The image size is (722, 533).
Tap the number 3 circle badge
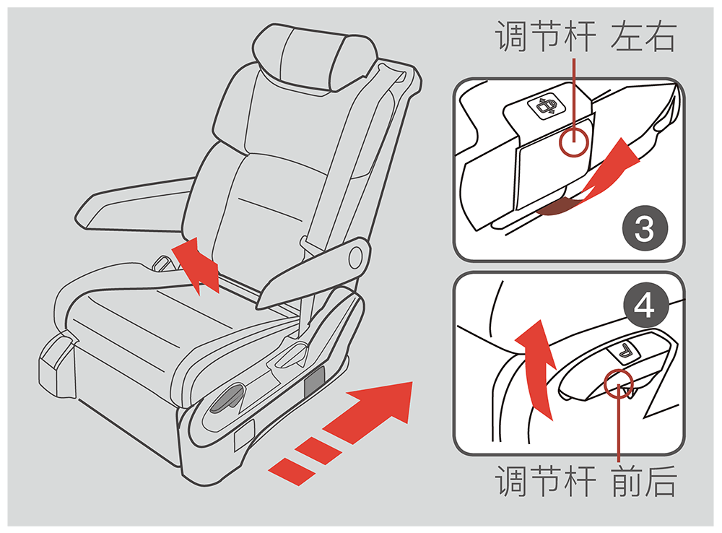click(x=645, y=228)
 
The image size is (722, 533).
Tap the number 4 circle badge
click(x=645, y=305)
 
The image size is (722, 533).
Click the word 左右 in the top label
click(x=643, y=37)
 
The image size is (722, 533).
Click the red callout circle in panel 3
click(x=574, y=142)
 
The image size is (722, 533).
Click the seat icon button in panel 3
click(x=547, y=108)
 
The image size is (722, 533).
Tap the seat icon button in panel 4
click(x=625, y=352)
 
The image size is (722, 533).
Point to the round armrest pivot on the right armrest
click(x=356, y=257)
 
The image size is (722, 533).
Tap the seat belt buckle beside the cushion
click(x=162, y=263)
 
